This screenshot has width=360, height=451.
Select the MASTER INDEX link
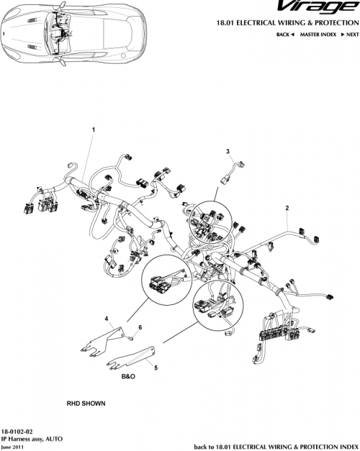[320, 35]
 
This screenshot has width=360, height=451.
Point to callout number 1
[93, 129]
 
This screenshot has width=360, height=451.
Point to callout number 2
[287, 208]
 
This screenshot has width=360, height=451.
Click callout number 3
[228, 151]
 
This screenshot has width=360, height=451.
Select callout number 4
[107, 318]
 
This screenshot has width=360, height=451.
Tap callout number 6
[140, 327]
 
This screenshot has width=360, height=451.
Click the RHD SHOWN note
[86, 404]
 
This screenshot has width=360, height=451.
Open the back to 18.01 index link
[276, 446]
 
